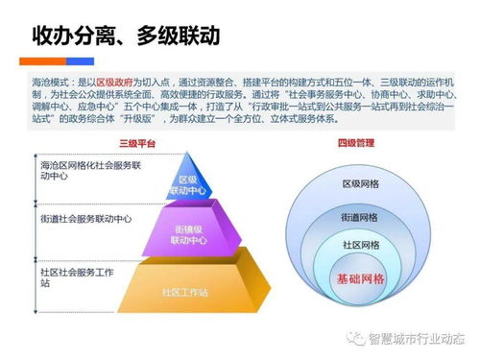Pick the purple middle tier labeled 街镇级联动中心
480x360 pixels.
click(x=187, y=234)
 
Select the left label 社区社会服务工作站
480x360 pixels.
click(x=81, y=278)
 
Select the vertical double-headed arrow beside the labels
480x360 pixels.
click(x=36, y=236)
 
